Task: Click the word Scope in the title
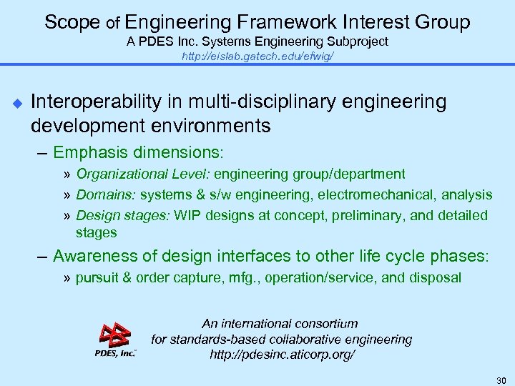point(72,22)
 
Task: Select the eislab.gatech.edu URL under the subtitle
point(257,56)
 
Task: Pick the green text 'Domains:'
point(106,194)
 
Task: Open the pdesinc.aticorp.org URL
point(282,355)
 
